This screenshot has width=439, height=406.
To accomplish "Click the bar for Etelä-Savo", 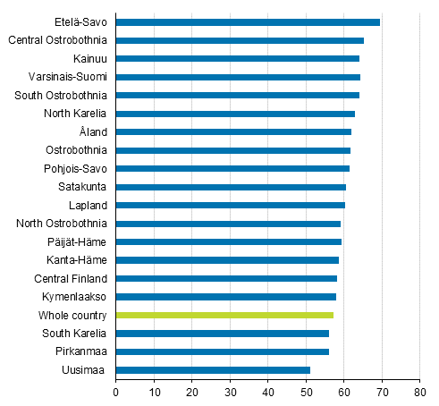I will point(248,21).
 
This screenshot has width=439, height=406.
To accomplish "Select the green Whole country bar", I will point(224,315).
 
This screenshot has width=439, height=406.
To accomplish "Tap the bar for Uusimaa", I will point(213,369).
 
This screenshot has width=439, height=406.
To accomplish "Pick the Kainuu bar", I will point(238,58).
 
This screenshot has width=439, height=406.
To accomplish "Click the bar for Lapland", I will point(230,205).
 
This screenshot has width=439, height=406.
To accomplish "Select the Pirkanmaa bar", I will point(223,351).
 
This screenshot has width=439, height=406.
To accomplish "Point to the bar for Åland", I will point(233,131).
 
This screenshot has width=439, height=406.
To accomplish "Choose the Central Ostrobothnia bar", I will point(240,40).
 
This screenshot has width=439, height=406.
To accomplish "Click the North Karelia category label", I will point(75,114).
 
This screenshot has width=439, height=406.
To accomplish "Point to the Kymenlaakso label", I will point(76,296).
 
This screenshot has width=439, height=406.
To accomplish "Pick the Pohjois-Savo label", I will point(75,168).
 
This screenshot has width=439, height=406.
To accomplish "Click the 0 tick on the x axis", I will point(116,391).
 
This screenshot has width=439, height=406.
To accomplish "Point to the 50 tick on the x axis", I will point(306,391).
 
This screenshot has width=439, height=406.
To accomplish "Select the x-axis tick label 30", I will point(230,391).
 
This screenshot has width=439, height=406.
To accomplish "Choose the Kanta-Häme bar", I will point(227,259).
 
